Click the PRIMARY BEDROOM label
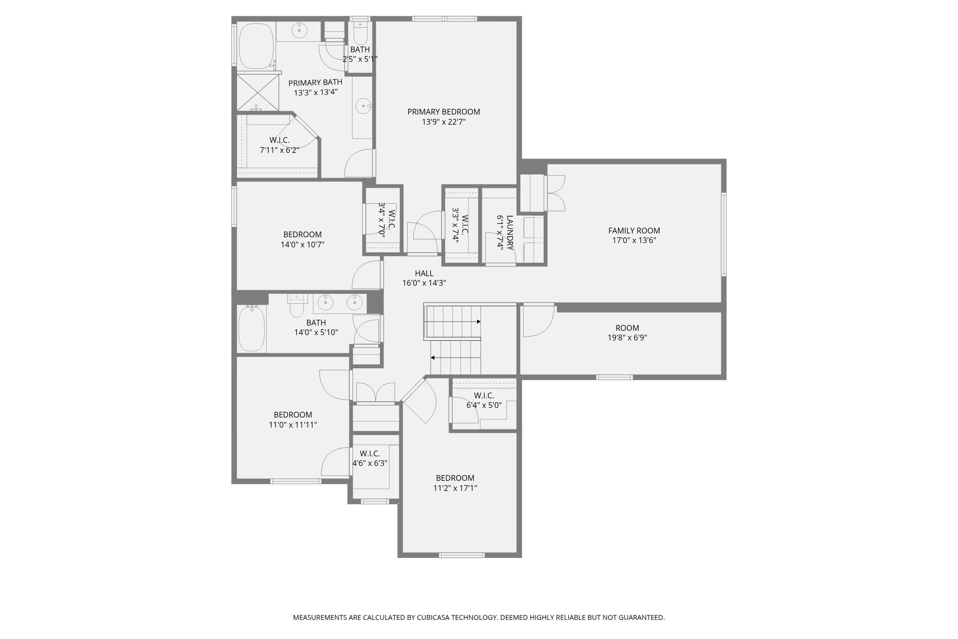click(444, 112)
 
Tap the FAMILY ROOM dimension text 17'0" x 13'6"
click(634, 240)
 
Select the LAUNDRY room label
click(509, 232)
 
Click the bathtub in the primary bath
click(256, 46)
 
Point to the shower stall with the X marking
click(258, 93)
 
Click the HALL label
click(424, 273)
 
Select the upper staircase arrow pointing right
click(478, 322)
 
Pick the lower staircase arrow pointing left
click(433, 358)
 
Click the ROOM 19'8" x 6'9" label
click(627, 328)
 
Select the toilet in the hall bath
click(297, 307)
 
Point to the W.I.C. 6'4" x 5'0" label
click(484, 395)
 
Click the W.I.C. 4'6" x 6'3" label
click(370, 453)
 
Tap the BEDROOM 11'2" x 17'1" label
click(455, 478)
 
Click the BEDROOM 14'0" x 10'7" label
click(302, 234)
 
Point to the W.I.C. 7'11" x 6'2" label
click(279, 140)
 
